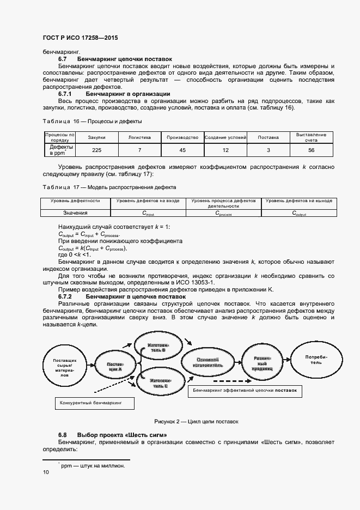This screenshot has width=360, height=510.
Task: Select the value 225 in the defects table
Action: (96, 150)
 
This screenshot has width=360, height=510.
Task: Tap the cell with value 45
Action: (182, 150)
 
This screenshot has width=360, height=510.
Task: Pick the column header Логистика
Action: (139, 138)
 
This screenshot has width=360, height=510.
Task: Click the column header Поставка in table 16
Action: (268, 138)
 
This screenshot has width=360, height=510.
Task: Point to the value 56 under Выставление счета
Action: (311, 150)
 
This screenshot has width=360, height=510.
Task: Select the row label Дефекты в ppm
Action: (59, 150)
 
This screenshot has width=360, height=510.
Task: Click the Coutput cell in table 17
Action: (298, 214)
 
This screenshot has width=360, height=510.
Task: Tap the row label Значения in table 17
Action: (75, 213)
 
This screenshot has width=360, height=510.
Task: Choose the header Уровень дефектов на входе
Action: (147, 201)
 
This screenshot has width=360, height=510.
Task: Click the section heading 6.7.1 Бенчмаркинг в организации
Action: (114, 94)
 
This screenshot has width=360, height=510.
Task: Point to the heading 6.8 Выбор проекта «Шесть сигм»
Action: (112, 435)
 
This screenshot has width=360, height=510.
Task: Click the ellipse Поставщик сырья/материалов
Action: (68, 368)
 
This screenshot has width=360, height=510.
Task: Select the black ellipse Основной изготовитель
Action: (207, 363)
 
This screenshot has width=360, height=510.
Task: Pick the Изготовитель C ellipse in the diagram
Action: (160, 382)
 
